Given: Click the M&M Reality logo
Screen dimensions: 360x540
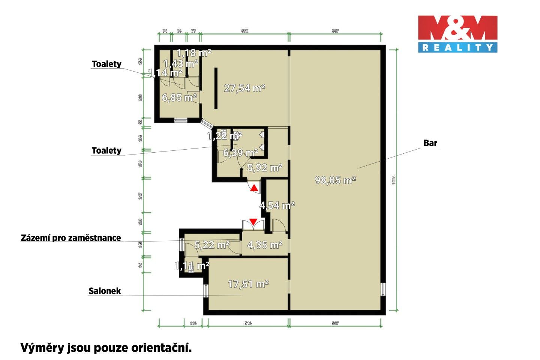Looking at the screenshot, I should (x=457, y=33).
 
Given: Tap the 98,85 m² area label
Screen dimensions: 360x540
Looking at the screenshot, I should (x=335, y=180).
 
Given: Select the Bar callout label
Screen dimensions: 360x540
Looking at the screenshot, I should (x=430, y=143).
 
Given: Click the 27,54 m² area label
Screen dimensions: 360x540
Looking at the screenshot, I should (x=244, y=88).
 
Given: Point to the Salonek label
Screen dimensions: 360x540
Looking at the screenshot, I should (x=105, y=291).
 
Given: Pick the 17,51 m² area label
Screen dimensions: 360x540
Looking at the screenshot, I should (x=248, y=284).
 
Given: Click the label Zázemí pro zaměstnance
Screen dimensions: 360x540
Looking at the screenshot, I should (x=71, y=238).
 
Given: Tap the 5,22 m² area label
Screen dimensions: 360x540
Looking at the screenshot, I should (x=212, y=245).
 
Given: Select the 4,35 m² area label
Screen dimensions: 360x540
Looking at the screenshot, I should (x=265, y=245).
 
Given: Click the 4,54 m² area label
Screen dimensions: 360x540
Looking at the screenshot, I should (x=277, y=205).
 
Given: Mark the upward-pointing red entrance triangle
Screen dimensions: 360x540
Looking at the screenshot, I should (x=254, y=187).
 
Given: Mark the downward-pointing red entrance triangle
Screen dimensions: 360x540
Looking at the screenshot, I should (x=253, y=222).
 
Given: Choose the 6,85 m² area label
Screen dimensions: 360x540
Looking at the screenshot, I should (x=179, y=98).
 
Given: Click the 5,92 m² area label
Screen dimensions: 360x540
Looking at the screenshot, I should (x=265, y=168).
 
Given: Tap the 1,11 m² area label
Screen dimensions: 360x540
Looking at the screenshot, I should (x=192, y=266).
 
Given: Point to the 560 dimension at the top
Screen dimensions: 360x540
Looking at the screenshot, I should (x=244, y=31).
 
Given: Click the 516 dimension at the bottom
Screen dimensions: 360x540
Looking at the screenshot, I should (x=248, y=323).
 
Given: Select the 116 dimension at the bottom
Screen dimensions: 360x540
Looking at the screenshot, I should (x=193, y=323).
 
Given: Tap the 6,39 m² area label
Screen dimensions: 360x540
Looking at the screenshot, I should (x=240, y=153).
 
